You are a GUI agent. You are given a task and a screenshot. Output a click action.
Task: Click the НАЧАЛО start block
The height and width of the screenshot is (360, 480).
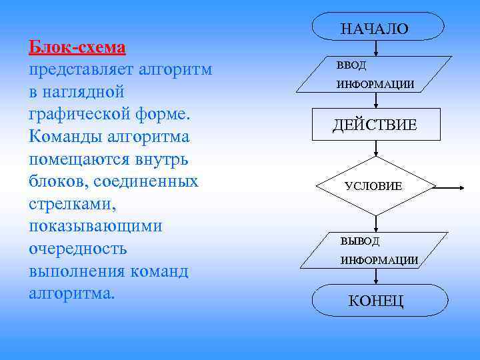pyautogui.click(x=375, y=28)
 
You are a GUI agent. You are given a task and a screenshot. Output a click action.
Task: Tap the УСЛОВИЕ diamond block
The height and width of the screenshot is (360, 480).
pyautogui.click(x=375, y=186)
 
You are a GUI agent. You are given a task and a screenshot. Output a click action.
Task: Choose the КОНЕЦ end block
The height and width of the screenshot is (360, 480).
pyautogui.click(x=376, y=300)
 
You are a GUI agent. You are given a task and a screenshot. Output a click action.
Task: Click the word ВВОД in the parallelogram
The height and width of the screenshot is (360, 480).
pyautogui.click(x=351, y=66)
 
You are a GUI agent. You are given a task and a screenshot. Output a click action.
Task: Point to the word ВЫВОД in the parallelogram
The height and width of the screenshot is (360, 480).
pyautogui.click(x=360, y=241)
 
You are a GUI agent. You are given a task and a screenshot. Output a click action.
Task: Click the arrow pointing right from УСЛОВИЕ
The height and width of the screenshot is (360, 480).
pyautogui.click(x=451, y=187)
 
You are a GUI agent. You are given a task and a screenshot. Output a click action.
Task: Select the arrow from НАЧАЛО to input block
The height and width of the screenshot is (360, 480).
pyautogui.click(x=377, y=49)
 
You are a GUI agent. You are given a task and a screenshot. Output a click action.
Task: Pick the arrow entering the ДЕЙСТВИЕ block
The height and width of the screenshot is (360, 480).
pyautogui.click(x=377, y=100)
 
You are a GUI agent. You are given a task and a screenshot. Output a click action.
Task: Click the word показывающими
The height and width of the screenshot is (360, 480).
pyautogui.click(x=95, y=227)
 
